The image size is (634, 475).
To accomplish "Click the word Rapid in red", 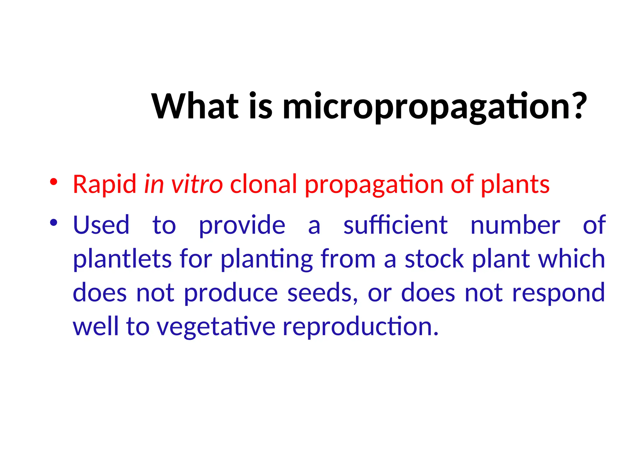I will pos(104,185).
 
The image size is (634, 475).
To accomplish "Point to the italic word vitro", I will pos(197,185).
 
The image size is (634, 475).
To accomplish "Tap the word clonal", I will pos(263,185).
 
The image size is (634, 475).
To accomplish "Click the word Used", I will pos(101,225).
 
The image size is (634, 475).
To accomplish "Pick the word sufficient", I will pos(395,225).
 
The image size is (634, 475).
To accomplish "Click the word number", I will pos(515,225).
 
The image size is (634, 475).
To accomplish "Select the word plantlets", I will pos(122,259).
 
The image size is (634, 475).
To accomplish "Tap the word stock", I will pos(434,259).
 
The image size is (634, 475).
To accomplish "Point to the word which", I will pos(571,259).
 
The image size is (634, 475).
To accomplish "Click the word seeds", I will pos(322,293).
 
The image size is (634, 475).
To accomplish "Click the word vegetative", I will pos(216,327).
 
